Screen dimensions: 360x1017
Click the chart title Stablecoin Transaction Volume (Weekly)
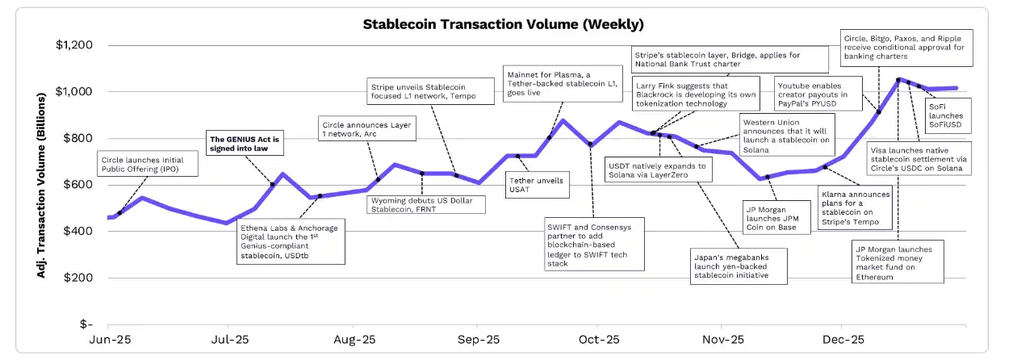tap(503, 23)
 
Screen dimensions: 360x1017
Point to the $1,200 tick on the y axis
tap(75, 45)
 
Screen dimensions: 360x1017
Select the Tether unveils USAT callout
tap(537, 185)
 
